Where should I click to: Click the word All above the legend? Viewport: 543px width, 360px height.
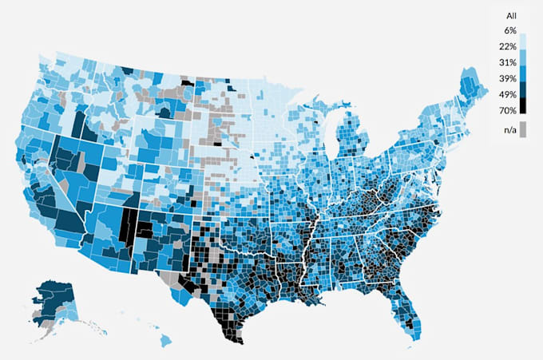pyautogui.click(x=511, y=15)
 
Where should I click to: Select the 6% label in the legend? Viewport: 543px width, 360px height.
pyautogui.click(x=509, y=31)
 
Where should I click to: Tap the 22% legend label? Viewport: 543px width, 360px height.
pyautogui.click(x=509, y=46)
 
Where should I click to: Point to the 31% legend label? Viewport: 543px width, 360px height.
pyautogui.click(x=509, y=62)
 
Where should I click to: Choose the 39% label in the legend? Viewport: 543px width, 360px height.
pyautogui.click(x=509, y=77)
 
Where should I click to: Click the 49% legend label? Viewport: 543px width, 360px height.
pyautogui.click(x=509, y=93)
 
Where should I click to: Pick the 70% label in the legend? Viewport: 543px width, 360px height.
pyautogui.click(x=509, y=109)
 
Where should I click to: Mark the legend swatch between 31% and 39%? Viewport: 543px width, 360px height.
pyautogui.click(x=523, y=70)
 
